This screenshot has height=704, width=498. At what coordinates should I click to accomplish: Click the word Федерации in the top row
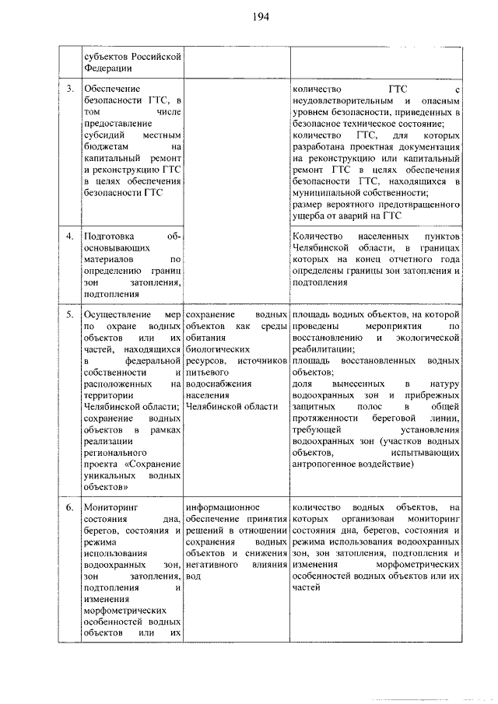[110, 68]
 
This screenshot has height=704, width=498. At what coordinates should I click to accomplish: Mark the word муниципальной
[331, 191]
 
